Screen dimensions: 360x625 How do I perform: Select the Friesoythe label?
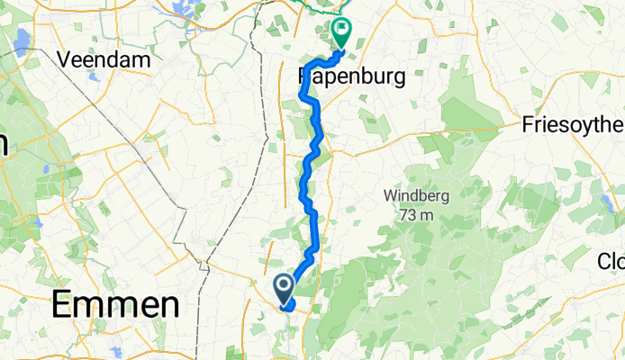click(573, 125)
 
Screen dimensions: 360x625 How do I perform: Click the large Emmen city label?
click(115, 305)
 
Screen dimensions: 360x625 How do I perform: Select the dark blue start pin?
click(283, 288)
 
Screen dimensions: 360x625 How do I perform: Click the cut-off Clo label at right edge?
click(611, 261)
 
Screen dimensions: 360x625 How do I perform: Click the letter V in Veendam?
click(64, 60)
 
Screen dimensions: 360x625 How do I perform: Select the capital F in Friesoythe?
click(528, 125)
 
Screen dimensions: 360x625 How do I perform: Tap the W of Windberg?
click(390, 195)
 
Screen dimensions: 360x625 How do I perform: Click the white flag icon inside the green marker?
click(342, 30)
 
